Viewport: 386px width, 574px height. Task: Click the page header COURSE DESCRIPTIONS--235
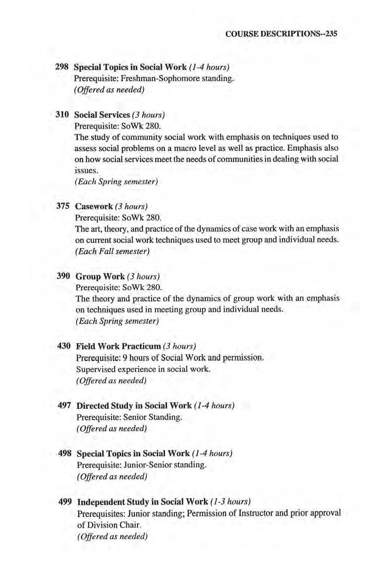(x=281, y=34)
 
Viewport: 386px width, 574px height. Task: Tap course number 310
(x=62, y=115)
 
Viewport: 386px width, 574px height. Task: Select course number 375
(x=63, y=206)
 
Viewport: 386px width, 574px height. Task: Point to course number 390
(x=64, y=276)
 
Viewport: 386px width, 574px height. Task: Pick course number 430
(x=64, y=346)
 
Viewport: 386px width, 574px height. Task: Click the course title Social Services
(x=102, y=115)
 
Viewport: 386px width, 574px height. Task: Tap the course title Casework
(x=94, y=207)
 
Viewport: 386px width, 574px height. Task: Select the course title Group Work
(x=100, y=276)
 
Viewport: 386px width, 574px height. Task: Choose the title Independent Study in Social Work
(x=142, y=501)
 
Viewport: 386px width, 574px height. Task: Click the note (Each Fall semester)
(x=112, y=251)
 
